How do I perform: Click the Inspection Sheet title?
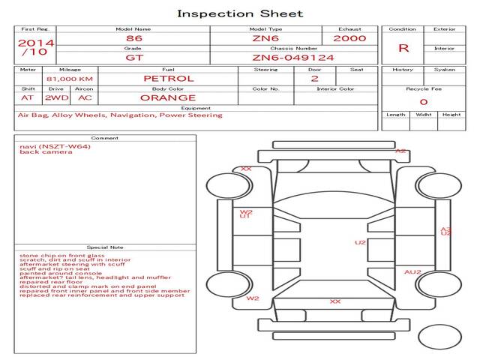click(240, 13)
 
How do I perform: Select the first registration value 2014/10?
click(35, 48)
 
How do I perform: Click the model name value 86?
click(133, 38)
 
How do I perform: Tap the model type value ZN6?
click(265, 38)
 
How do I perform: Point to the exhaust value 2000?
click(349, 38)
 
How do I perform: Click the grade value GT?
click(133, 57)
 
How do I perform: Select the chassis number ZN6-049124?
click(293, 57)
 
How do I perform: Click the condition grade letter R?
click(403, 48)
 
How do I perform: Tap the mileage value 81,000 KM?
click(70, 78)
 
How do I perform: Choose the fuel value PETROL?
click(168, 78)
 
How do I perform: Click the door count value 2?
click(314, 78)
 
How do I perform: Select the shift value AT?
click(28, 97)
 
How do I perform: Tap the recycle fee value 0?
click(423, 101)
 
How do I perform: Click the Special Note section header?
click(105, 247)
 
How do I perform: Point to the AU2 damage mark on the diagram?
click(412, 272)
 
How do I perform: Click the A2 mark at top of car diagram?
click(400, 151)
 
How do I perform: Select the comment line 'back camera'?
click(46, 152)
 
